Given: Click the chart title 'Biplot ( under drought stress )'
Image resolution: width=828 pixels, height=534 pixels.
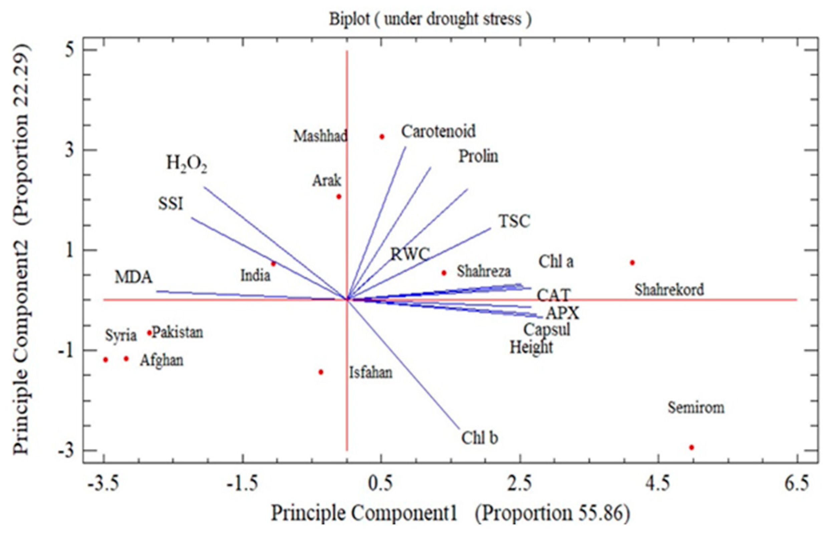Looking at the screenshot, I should (430, 19).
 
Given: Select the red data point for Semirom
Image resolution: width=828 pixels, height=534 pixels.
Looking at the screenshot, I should (692, 447).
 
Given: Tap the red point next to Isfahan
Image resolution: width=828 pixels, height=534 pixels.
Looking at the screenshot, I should (321, 372).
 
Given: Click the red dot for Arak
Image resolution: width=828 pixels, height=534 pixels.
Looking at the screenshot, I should (339, 197).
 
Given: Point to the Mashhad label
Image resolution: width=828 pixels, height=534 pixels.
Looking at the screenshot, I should (320, 136).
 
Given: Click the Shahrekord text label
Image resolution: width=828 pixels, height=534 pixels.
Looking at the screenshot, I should (669, 290).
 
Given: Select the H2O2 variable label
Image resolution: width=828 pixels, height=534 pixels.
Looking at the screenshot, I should (187, 164).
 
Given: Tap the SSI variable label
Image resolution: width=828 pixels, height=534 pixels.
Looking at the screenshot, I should (171, 204).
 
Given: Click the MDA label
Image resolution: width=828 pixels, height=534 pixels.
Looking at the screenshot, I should (133, 277).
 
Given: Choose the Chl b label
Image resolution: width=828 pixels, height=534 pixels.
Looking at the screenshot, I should (480, 438).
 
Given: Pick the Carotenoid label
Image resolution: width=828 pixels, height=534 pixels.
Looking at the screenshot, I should (438, 131).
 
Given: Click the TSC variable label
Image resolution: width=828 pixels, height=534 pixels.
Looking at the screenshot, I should (515, 221).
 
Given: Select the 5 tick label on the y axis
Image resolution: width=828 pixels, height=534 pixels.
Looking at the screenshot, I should (70, 50).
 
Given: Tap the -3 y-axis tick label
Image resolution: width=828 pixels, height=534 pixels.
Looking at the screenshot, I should (66, 450).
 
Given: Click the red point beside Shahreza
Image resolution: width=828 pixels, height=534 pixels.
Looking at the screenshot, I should (444, 273).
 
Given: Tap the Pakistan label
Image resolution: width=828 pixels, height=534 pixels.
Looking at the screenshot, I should (178, 332).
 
